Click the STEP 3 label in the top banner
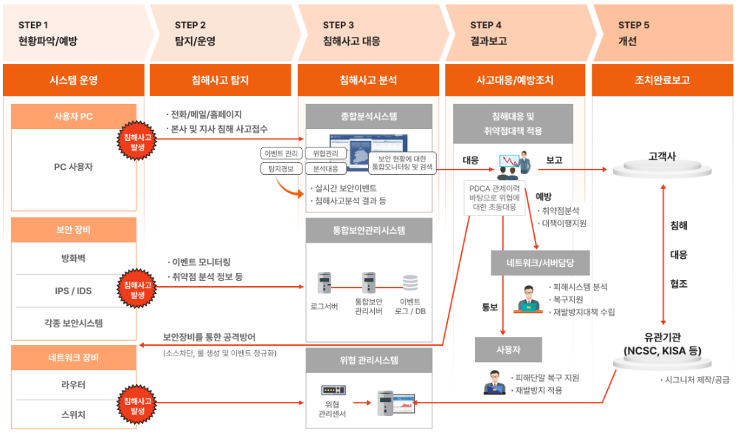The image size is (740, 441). click(339, 25)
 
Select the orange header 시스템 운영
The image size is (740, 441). click(74, 80)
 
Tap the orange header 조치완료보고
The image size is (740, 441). click(663, 80)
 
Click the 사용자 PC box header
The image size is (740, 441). click(74, 117)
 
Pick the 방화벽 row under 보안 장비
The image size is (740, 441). click(73, 258)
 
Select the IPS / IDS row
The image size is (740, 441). click(73, 291)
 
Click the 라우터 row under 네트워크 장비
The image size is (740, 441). click(73, 385)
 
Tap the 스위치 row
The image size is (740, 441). click(73, 414)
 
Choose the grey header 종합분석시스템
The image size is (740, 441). click(369, 117)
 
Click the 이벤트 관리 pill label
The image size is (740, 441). click(281, 153)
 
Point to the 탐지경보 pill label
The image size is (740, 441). click(281, 169)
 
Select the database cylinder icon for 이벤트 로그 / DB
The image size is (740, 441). click(410, 282)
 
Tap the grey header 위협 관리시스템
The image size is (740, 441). click(369, 361)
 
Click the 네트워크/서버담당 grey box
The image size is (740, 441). click(540, 263)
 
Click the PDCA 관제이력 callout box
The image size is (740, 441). click(495, 198)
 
